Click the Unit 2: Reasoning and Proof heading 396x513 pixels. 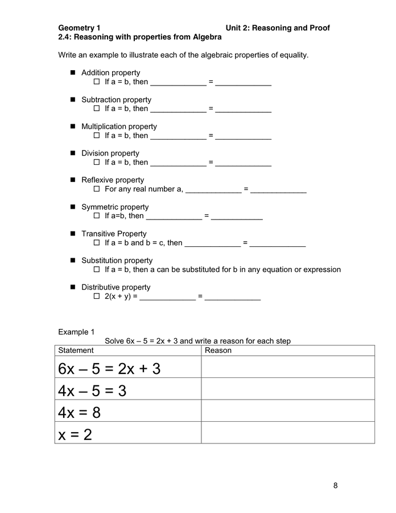coord(277,28)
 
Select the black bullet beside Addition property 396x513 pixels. coord(73,73)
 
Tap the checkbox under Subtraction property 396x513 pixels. coord(97,109)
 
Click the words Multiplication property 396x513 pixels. coord(119,127)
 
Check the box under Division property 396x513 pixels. coord(97,162)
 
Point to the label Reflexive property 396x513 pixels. coord(113,180)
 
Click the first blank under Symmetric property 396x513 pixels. coord(174,217)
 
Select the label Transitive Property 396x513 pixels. coord(114,234)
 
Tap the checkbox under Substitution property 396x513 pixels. coord(97,270)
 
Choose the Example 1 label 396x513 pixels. coord(76,332)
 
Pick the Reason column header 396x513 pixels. coord(218,351)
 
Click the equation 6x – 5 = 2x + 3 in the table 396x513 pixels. coord(109,369)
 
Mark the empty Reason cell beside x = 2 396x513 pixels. coord(288,434)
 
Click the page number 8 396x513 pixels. coord(335,486)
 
